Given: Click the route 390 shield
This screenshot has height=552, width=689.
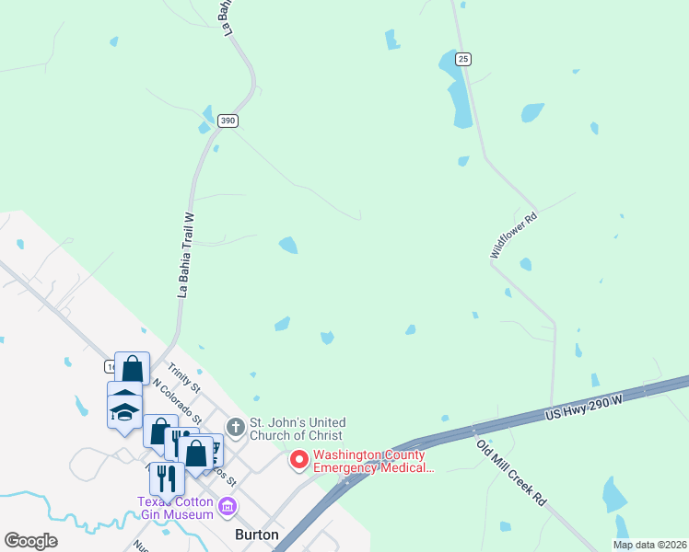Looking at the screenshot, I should pyautogui.click(x=228, y=121).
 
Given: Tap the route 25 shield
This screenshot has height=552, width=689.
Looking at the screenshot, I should pyautogui.click(x=463, y=59).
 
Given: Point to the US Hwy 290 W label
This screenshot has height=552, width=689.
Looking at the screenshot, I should pyautogui.click(x=586, y=406).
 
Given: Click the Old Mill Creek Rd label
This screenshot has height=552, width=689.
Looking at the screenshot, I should pyautogui.click(x=511, y=472).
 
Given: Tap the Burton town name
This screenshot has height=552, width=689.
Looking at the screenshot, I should pyautogui.click(x=257, y=534).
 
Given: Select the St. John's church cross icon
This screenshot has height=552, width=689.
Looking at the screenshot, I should pyautogui.click(x=236, y=427).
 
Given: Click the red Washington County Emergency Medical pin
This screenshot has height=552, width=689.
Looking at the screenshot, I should pyautogui.click(x=299, y=459).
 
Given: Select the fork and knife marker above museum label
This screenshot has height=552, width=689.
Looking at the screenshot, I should pyautogui.click(x=167, y=477).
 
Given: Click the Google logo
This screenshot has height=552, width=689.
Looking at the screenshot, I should pyautogui.click(x=30, y=541).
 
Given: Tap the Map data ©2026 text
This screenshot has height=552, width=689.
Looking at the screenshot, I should pyautogui.click(x=648, y=545).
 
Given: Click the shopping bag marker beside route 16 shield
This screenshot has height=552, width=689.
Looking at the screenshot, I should pyautogui.click(x=132, y=369).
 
